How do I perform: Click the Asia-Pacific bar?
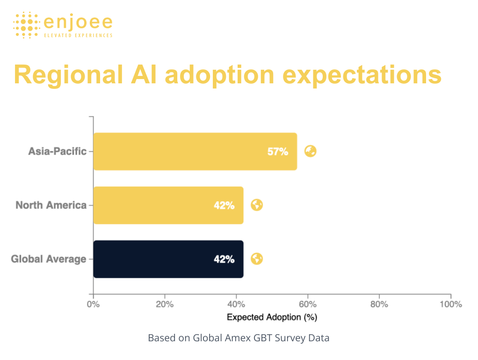(195, 151)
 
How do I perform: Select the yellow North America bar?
(168, 205)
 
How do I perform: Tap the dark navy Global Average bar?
(168, 259)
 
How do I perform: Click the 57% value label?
(278, 152)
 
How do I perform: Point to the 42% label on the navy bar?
(224, 259)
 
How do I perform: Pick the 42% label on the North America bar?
(224, 206)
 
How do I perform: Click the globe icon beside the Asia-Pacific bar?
(311, 151)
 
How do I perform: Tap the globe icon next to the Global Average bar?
(257, 259)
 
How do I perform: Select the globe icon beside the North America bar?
(257, 205)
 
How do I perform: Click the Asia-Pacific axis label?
(58, 151)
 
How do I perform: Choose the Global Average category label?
(49, 259)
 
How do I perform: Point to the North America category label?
(51, 205)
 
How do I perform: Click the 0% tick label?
(94, 304)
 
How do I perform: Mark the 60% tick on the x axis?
(308, 304)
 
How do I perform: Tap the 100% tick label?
(450, 304)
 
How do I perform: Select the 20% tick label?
(165, 304)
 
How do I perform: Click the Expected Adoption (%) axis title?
(272, 317)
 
